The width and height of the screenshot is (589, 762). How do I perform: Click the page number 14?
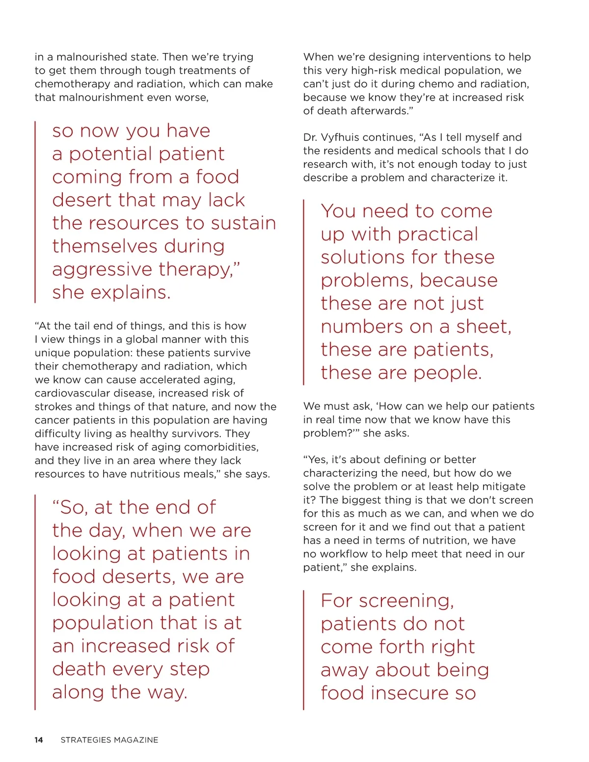39,740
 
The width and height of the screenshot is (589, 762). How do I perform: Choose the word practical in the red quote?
438,235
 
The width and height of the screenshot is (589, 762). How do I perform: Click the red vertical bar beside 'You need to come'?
304,292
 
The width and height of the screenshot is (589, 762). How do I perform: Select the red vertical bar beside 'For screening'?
304,650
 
